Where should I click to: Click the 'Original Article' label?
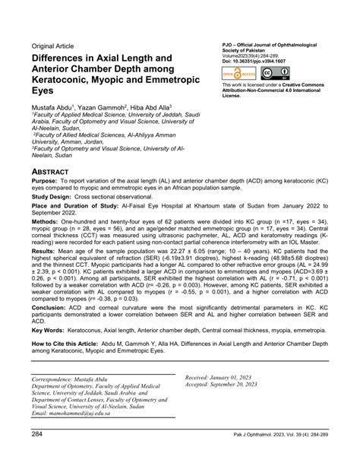tap(56, 45)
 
